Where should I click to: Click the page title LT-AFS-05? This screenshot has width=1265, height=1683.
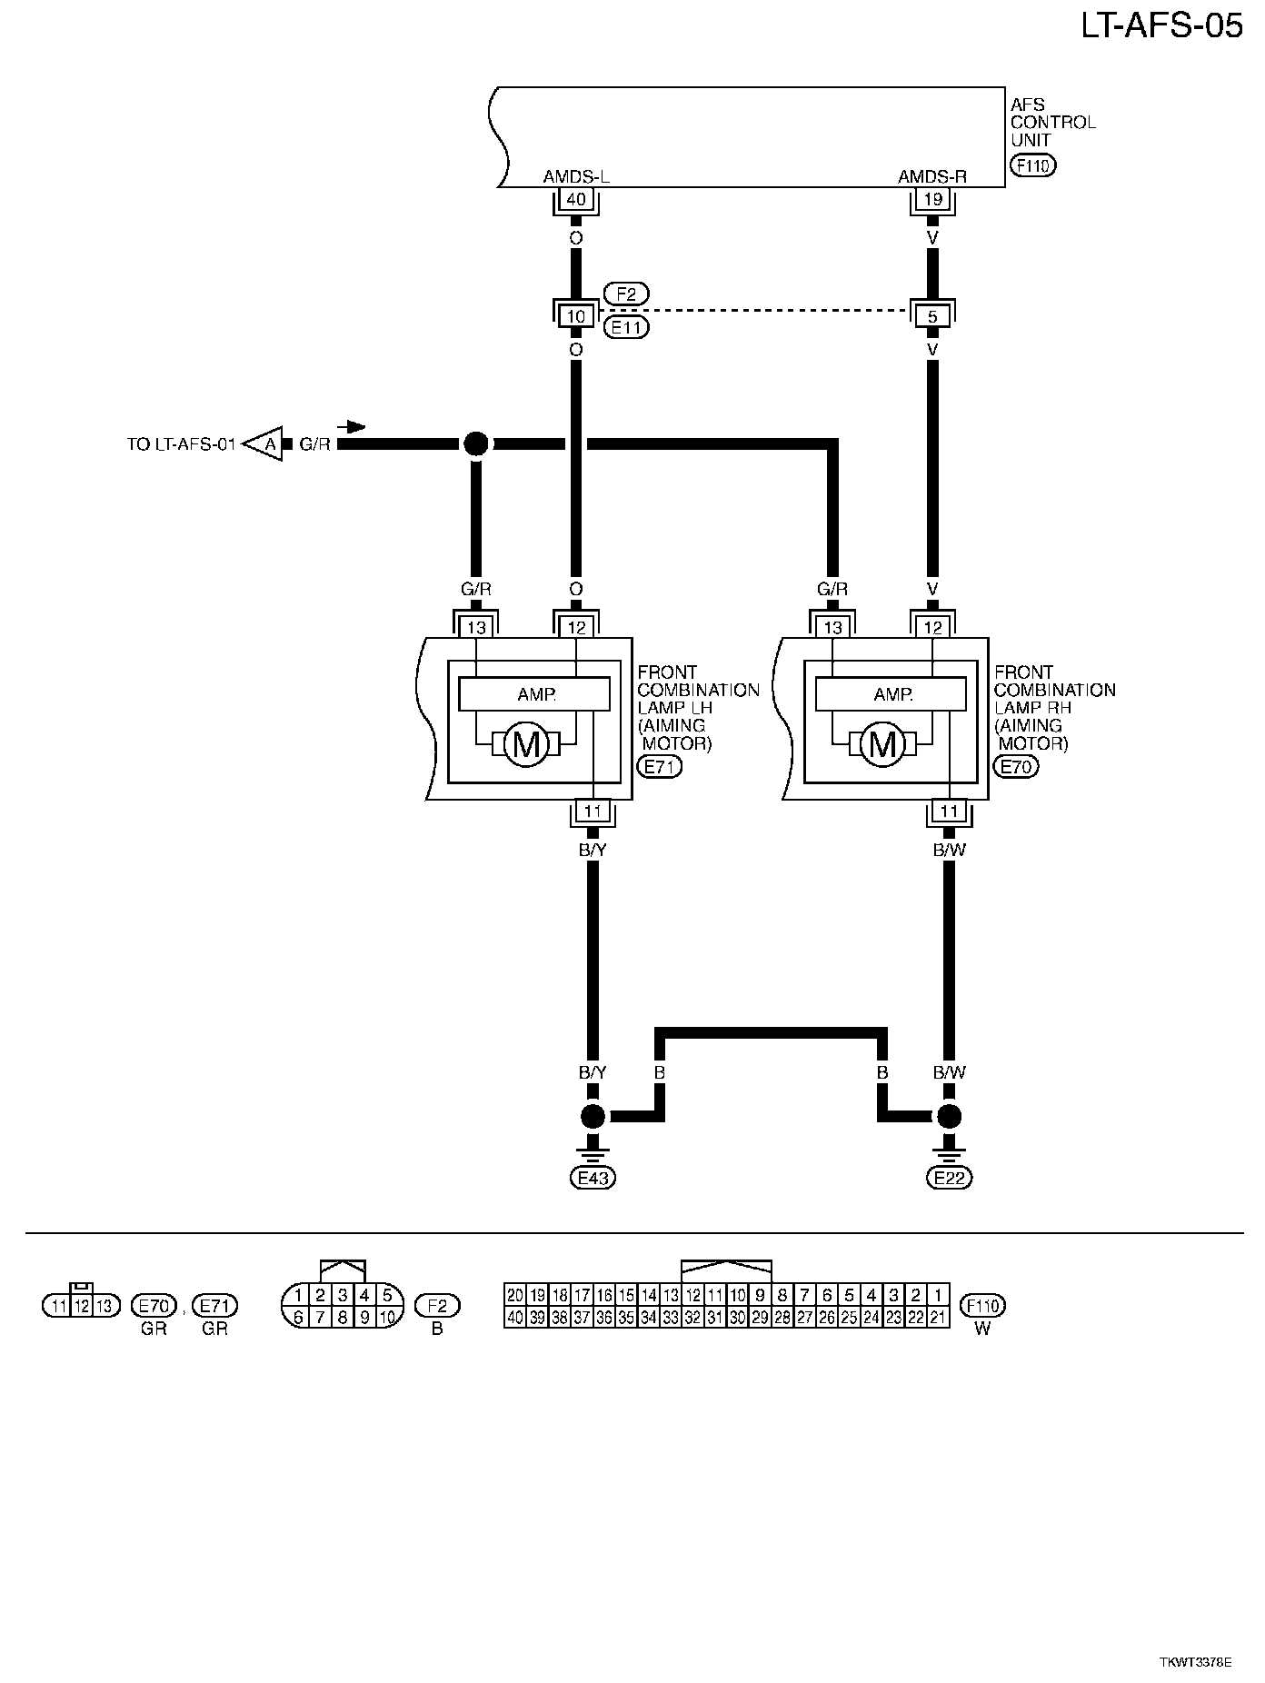[x=1160, y=26]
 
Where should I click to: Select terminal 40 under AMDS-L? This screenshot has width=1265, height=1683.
[x=575, y=199]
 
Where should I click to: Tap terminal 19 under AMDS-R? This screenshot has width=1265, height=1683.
[x=931, y=199]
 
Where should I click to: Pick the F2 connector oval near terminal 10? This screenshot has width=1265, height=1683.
[x=626, y=294]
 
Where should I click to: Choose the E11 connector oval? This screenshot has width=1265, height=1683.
[x=626, y=327]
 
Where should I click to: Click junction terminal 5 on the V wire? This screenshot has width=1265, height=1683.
[x=931, y=316]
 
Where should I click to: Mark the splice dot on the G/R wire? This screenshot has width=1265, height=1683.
[x=475, y=443]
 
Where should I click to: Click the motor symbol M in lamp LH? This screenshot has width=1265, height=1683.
[x=526, y=745]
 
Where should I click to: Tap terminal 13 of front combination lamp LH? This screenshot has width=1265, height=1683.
[x=476, y=627]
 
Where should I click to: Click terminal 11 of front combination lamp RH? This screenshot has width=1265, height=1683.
[x=949, y=812]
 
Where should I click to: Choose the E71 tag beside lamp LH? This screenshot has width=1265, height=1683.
[x=661, y=766]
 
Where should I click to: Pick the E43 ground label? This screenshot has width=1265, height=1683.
[x=593, y=1179]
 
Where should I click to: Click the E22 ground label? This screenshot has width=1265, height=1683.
[x=949, y=1179]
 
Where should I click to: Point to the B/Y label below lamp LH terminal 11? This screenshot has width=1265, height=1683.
[x=593, y=850]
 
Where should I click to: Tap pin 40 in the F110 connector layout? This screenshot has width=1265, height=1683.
[x=515, y=1317]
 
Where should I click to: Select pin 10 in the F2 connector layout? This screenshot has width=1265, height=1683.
[x=388, y=1317]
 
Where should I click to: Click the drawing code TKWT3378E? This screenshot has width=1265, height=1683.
[x=1195, y=1662]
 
